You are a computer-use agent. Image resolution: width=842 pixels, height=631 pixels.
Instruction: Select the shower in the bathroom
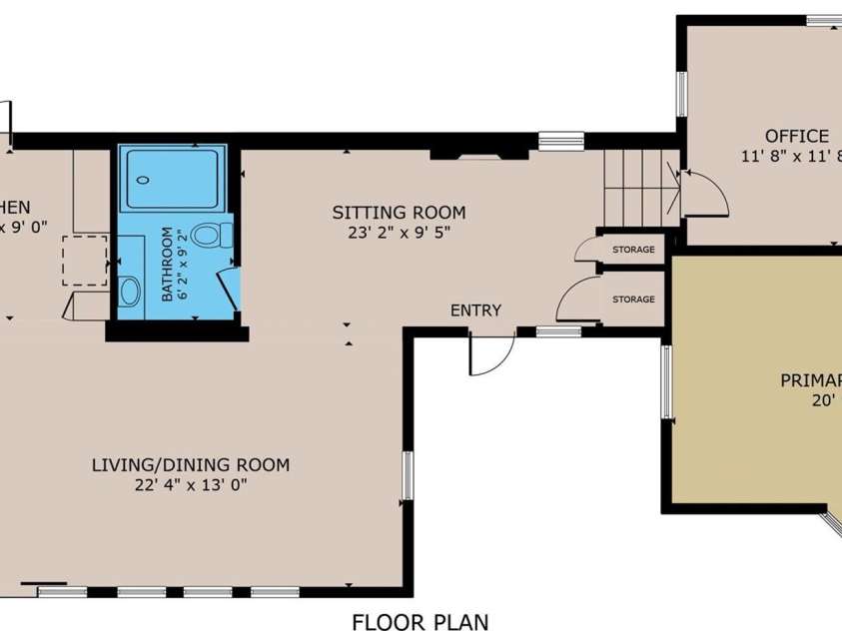click(174, 178)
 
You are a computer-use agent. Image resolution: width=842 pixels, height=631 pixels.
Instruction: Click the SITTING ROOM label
click(399, 213)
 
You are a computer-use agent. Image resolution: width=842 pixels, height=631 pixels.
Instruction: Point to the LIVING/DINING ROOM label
click(190, 464)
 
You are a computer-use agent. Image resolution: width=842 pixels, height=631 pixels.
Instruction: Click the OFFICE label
click(796, 136)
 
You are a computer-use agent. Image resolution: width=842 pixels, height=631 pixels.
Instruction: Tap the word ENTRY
click(475, 311)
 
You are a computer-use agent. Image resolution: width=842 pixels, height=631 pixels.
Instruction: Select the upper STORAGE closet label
click(633, 250)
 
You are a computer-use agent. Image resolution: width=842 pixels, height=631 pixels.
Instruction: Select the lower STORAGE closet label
click(633, 300)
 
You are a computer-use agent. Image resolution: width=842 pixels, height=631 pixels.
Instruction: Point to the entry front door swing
click(491, 355)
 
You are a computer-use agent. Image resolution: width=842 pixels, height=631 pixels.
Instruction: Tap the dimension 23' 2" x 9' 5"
click(399, 234)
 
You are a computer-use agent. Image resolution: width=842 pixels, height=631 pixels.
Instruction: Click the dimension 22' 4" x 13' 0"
click(190, 485)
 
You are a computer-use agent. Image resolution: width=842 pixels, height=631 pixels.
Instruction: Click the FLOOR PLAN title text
click(421, 622)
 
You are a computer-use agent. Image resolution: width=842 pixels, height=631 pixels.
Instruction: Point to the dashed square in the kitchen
click(85, 261)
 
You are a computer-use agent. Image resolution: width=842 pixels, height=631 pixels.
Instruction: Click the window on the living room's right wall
click(407, 475)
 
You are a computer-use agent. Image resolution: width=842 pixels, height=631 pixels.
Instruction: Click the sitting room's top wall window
click(560, 141)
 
